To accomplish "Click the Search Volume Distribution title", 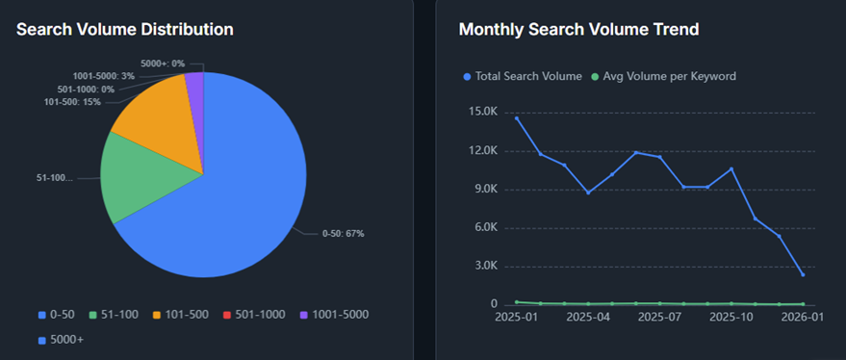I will pos(124,30).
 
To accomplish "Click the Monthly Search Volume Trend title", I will pos(578,30).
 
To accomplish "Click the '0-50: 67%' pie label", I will pos(343,233).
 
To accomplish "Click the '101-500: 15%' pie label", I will pos(74,102).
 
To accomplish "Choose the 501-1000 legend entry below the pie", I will pos(252,314).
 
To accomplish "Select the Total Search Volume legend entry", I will pos(523,76).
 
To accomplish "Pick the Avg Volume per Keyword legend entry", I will pos(664,76).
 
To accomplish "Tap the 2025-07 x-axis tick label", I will pos(660,317).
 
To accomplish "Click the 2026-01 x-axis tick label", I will pos(802,317).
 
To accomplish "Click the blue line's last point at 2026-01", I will pos(802,274).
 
